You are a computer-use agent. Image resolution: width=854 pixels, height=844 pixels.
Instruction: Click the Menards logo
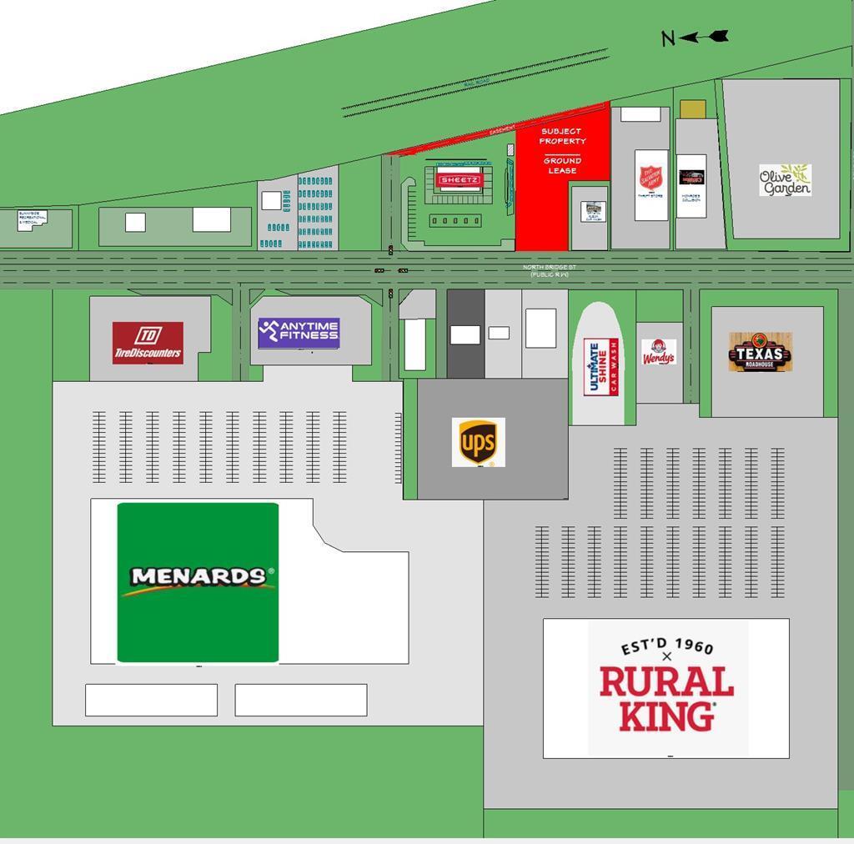pos(198,581)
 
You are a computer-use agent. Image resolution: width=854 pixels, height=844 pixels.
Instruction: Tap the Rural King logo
pos(666,687)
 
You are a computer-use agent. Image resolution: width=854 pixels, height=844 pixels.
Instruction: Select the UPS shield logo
pos(478,442)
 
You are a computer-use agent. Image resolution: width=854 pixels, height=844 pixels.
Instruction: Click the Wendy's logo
pos(659,353)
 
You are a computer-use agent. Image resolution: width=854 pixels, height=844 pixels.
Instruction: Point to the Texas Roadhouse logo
pos(760,352)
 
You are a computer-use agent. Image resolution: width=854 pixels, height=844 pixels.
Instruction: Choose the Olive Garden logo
pos(785,180)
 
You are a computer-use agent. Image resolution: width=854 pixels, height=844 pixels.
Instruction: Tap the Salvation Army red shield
pos(651,177)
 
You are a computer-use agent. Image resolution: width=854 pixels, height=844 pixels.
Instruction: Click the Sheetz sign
pos(459,180)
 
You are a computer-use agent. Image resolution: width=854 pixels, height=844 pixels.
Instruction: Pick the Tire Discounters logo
pos(148,343)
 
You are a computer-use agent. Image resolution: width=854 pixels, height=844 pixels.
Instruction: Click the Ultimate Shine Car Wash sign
pos(600,367)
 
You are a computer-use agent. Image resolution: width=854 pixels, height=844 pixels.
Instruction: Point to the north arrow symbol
pos(706,36)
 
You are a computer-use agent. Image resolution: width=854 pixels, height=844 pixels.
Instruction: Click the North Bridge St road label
pos(550,270)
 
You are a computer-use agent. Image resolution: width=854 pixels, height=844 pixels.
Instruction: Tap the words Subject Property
pos(562,136)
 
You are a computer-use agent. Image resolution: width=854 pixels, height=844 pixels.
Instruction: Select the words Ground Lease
pos(562,165)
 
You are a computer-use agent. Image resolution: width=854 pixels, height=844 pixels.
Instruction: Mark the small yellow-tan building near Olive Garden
pos(693,109)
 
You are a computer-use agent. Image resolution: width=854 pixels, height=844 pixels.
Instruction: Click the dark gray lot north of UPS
pos(465,334)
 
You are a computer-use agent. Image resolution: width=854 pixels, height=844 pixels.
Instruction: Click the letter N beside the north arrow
pos(667,38)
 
